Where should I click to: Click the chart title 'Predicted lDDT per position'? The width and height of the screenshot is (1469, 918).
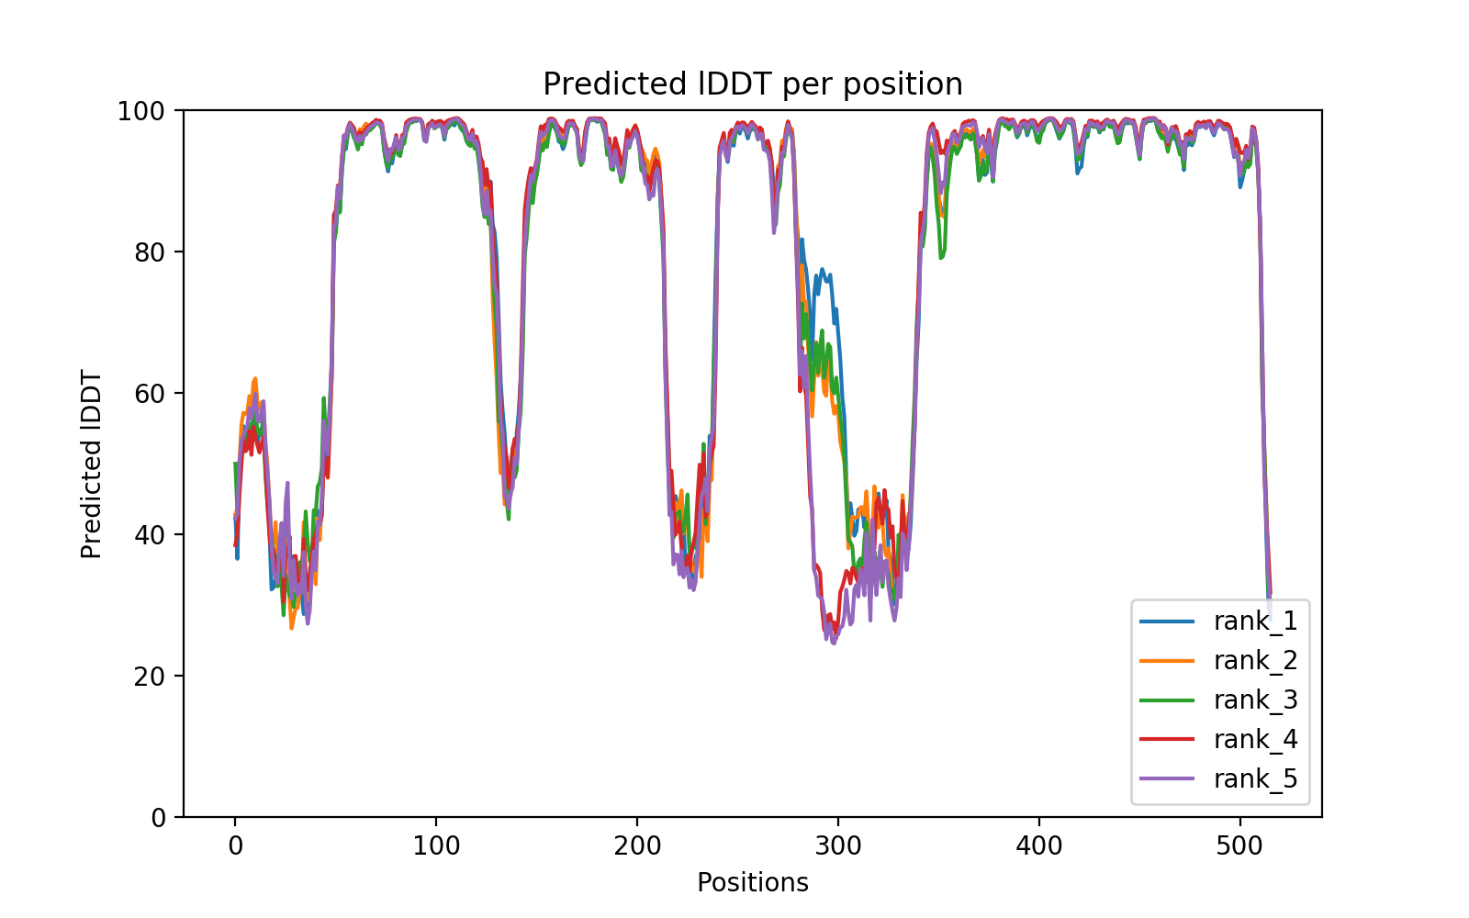[753, 84]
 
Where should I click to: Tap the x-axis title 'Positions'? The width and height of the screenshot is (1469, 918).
[753, 883]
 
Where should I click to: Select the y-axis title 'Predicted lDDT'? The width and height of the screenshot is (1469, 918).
[91, 464]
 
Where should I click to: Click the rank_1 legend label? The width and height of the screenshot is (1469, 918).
[1255, 621]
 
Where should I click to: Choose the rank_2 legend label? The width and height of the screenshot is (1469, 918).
[1255, 661]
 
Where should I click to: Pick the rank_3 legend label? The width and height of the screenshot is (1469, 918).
[1255, 700]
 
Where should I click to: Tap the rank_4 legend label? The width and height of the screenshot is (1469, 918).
[1255, 740]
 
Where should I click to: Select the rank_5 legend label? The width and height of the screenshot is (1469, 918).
[1255, 779]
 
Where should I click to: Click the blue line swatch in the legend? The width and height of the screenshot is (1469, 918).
[1167, 621]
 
